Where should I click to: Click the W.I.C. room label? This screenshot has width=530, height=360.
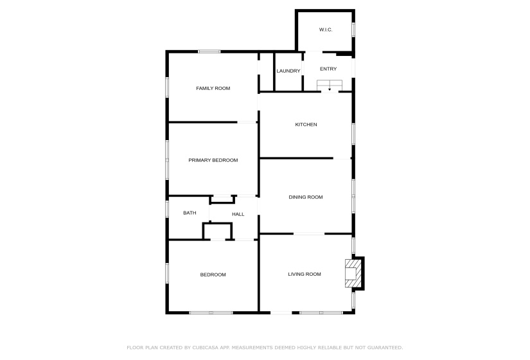pos(326,30)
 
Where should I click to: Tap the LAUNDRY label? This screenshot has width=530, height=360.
pos(288,71)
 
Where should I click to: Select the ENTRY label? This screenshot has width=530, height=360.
pos(328,69)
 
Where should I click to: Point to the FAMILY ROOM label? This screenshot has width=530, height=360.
pos(213,88)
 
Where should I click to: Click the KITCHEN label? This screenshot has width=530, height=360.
pos(306,124)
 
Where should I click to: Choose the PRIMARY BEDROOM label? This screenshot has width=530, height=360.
pos(213,160)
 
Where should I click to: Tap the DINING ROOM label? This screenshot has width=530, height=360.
pos(306,197)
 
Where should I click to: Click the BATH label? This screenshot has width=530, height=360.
pos(190,213)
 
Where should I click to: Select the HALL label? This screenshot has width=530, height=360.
pos(238,215)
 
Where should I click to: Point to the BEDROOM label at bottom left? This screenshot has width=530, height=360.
pos(213,274)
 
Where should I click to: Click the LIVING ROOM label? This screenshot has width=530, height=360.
pos(305,274)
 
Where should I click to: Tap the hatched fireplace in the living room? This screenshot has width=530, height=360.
pos(353,273)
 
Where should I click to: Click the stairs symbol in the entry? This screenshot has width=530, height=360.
pos(330,85)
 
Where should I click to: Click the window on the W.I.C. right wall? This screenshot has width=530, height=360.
pos(353,30)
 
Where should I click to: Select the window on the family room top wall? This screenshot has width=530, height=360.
pos(209,51)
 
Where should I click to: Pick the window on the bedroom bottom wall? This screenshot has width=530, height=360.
pos(211,312)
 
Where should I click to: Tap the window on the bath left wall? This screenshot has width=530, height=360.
pos(167,209)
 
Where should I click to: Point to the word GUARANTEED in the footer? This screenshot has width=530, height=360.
pos(382,347)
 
